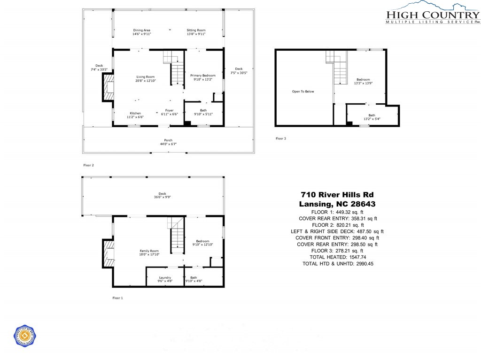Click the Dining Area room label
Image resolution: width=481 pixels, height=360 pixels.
click(x=141, y=32)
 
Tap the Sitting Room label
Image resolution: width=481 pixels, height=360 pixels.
click(x=196, y=32)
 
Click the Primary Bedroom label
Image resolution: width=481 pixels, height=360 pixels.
click(x=202, y=77)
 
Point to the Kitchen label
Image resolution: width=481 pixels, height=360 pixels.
click(x=135, y=115)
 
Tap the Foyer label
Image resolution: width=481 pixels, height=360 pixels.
click(x=169, y=112)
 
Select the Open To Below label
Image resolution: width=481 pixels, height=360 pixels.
click(x=303, y=92)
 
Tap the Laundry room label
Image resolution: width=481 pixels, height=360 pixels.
click(x=164, y=279)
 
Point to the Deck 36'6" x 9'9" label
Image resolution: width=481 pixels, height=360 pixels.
click(x=162, y=195)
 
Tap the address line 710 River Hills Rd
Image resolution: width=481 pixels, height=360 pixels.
click(x=337, y=194)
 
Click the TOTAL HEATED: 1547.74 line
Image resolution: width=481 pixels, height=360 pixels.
click(x=337, y=257)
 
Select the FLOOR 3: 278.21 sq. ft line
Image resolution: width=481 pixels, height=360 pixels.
click(x=337, y=251)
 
